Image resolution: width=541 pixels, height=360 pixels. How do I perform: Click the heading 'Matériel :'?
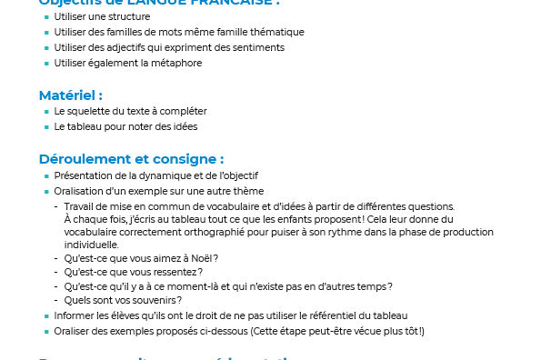[70, 95]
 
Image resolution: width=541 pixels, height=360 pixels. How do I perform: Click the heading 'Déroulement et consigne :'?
[131, 158]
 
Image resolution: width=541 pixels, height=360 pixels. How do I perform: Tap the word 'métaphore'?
[178, 63]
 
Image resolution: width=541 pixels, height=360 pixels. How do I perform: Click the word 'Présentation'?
[82, 175]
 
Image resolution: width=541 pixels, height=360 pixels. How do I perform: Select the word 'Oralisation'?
[80, 191]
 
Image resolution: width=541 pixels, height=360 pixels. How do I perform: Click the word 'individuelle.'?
[91, 245]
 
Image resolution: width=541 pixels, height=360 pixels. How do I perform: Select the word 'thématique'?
[278, 32]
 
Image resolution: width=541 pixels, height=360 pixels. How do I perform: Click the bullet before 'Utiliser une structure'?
[46, 17]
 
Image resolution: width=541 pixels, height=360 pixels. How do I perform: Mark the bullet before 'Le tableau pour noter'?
[46, 127]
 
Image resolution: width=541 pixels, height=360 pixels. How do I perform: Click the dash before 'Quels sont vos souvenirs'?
[56, 301]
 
